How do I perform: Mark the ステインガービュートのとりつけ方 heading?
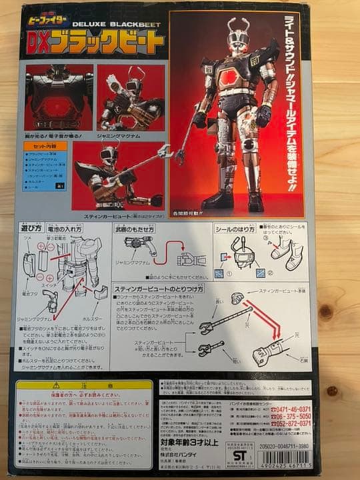tap(164, 289)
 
